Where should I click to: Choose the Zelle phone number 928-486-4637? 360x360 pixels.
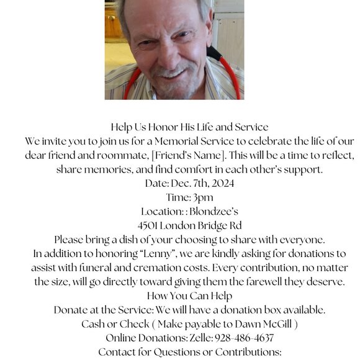click(244, 338)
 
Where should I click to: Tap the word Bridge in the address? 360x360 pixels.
click(216, 225)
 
